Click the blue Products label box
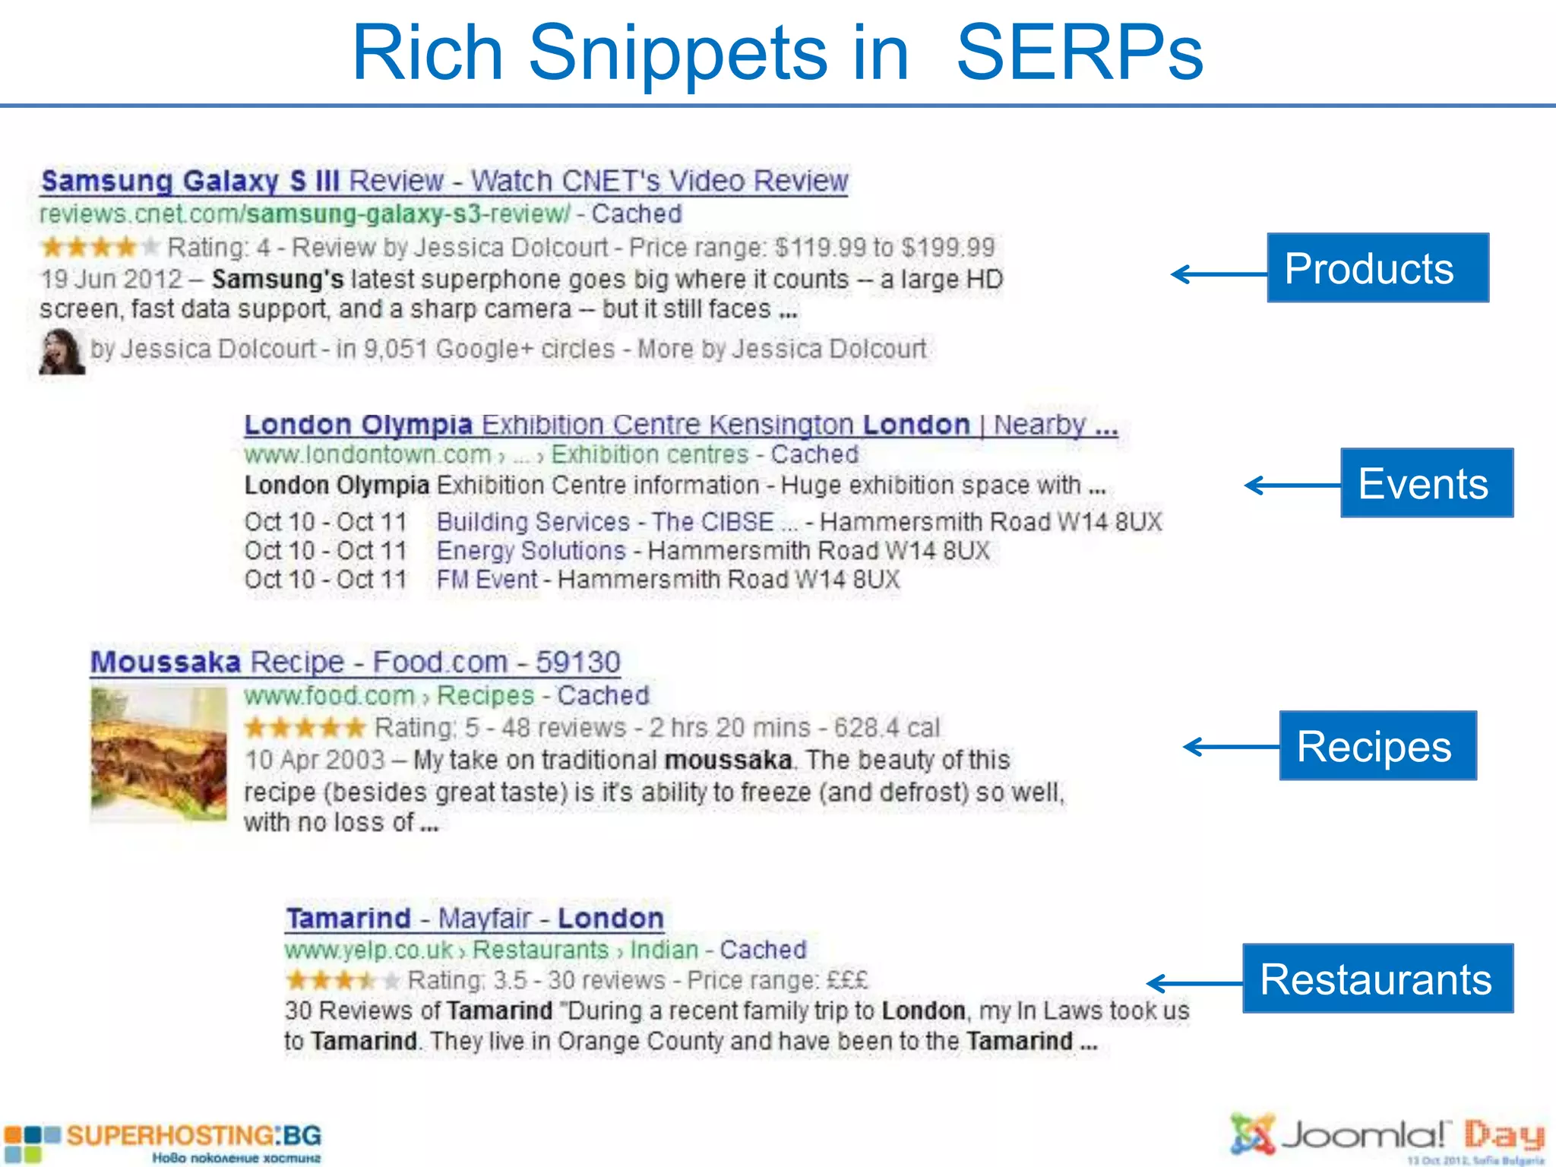click(x=1377, y=268)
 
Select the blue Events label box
click(x=1426, y=483)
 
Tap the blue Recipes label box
click(x=1377, y=745)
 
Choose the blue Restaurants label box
click(x=1377, y=979)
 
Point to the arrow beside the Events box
click(x=1292, y=485)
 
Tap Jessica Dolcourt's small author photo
click(x=62, y=352)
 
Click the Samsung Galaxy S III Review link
click(x=444, y=181)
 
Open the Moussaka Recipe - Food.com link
click(x=355, y=662)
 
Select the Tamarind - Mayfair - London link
click(x=475, y=918)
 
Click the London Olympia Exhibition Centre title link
click(x=680, y=424)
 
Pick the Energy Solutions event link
click(x=531, y=551)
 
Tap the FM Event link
click(x=487, y=580)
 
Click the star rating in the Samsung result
click(x=100, y=247)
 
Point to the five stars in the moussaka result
click(x=305, y=728)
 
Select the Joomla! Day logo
click(x=1387, y=1137)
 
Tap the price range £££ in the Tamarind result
click(x=846, y=980)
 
